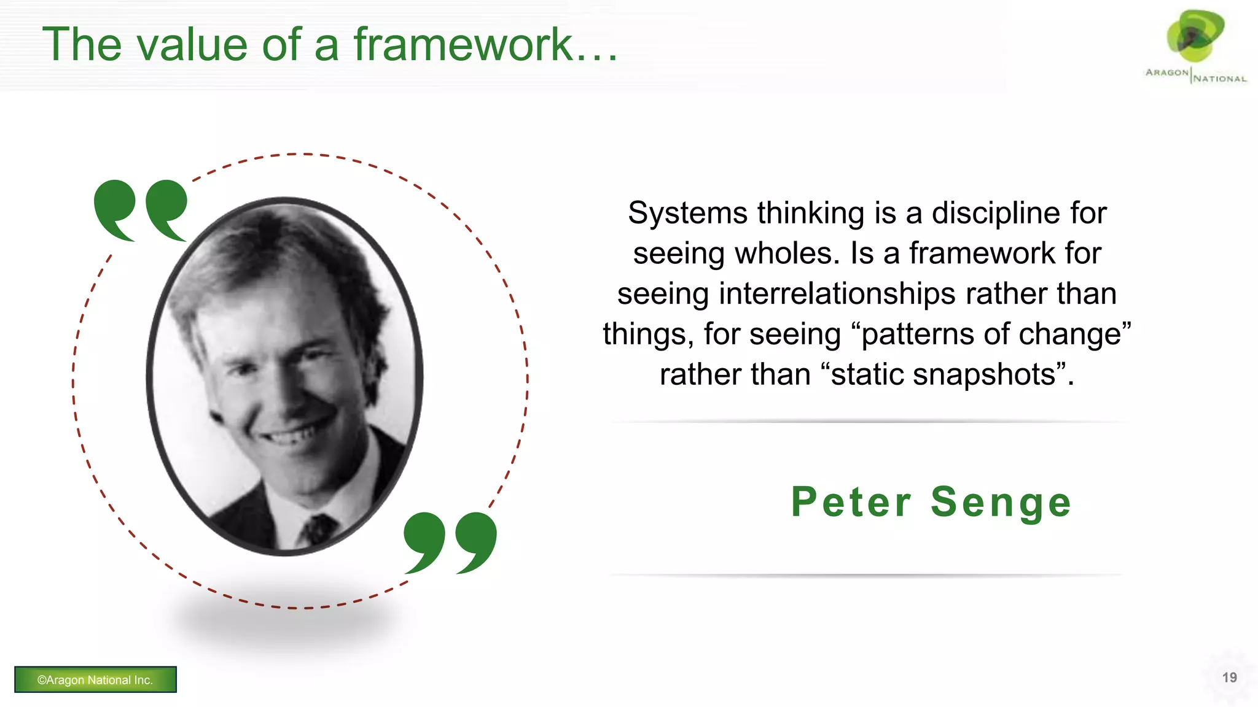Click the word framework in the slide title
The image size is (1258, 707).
464,45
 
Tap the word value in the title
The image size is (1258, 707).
192,45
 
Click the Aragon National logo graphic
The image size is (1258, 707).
1195,37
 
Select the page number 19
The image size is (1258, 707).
1229,678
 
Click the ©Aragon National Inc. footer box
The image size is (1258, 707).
95,679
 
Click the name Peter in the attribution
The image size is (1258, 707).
851,502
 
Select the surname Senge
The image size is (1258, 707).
1001,502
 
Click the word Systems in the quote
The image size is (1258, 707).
687,213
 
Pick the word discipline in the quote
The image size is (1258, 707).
996,213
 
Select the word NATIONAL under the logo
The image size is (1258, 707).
1220,79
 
